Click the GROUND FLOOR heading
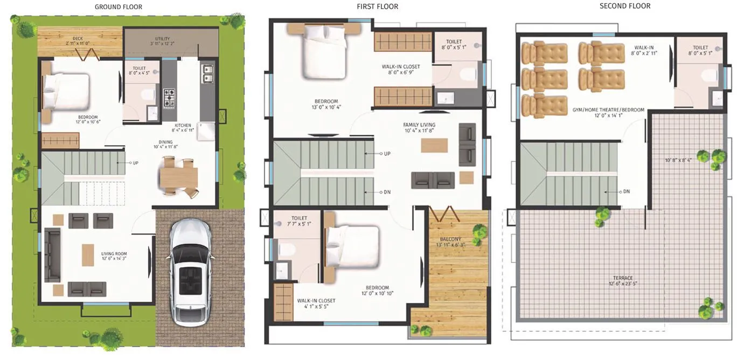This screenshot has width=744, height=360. pos(119,7)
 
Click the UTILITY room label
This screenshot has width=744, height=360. pos(162,39)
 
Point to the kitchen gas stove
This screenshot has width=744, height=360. pos(169,98)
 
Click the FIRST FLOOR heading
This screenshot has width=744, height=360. pos(377,6)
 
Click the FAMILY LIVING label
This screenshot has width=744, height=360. pos(419,125)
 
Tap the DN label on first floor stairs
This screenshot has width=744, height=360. pos(387,192)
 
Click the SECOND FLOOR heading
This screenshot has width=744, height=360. pos(625,6)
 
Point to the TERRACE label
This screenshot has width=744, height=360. pos(623,278)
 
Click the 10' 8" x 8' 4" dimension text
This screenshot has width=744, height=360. pos(678,160)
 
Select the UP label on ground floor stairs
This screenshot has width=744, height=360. pos(135,162)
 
